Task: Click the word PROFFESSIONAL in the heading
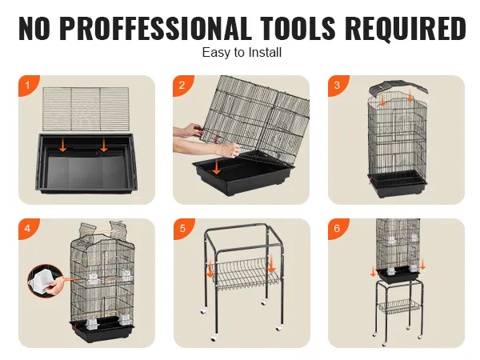click(x=154, y=28)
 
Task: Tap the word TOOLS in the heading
click(x=298, y=28)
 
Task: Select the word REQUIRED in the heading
click(x=407, y=28)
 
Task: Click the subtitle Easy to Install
click(x=242, y=52)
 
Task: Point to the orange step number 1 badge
click(x=28, y=85)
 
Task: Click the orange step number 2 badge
click(x=182, y=85)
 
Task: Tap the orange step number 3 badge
click(x=337, y=85)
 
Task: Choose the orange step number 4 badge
click(x=28, y=228)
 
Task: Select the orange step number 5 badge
click(x=183, y=228)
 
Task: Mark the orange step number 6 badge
click(x=337, y=228)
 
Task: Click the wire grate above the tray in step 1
click(x=86, y=108)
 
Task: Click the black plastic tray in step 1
click(x=86, y=163)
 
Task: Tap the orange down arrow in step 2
click(x=217, y=167)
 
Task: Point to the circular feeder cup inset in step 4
click(x=46, y=281)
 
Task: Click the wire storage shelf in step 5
click(x=245, y=274)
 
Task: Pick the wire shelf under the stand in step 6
click(x=399, y=306)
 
